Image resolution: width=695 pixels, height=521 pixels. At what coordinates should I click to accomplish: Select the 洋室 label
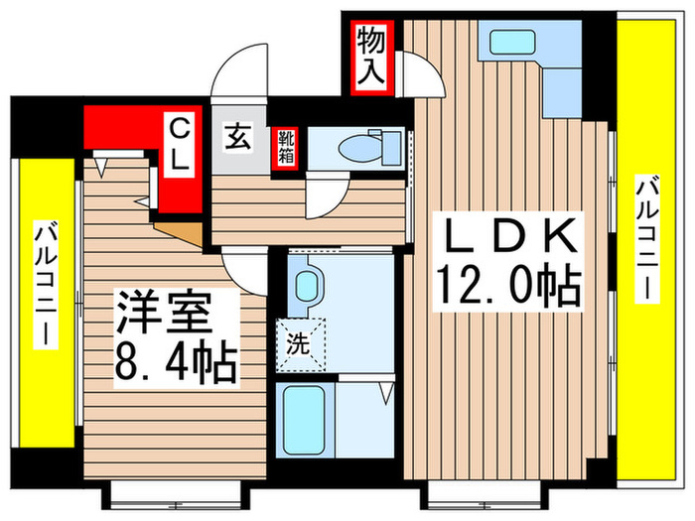pyautogui.click(x=163, y=316)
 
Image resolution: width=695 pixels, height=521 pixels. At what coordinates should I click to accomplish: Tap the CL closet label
pyautogui.click(x=180, y=146)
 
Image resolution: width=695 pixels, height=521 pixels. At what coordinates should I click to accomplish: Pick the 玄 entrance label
pyautogui.click(x=238, y=135)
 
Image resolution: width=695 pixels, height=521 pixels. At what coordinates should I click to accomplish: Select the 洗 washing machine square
pyautogui.click(x=299, y=348)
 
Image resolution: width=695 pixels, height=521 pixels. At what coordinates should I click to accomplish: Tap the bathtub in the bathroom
pyautogui.click(x=304, y=418)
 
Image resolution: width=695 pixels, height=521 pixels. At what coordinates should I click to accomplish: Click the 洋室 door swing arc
pyautogui.click(x=241, y=266)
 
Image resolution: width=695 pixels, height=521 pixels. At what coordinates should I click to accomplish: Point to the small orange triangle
pyautogui.click(x=185, y=233)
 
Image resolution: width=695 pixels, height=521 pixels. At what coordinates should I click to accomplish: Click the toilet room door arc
pyautogui.click(x=326, y=196)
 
